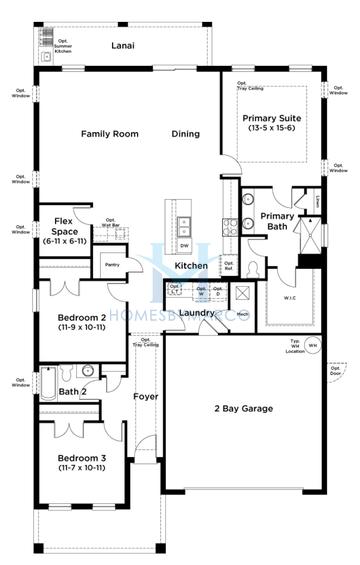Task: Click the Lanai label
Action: [123, 46]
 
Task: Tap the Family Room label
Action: [109, 133]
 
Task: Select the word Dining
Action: [185, 133]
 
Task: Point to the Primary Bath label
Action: [277, 221]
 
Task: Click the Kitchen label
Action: [191, 266]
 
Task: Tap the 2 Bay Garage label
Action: [243, 408]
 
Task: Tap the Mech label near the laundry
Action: [242, 313]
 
